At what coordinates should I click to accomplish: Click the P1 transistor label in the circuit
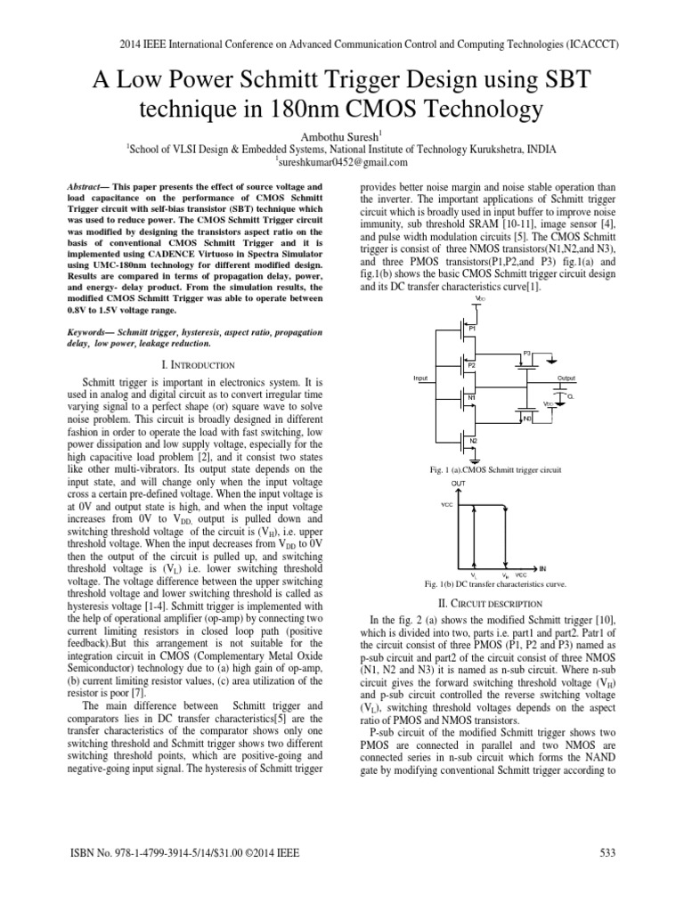pyautogui.click(x=473, y=329)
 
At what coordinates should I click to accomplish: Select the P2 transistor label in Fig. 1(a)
pyautogui.click(x=473, y=365)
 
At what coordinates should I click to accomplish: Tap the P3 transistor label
pyautogui.click(x=527, y=353)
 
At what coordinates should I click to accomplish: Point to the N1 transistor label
pyautogui.click(x=472, y=397)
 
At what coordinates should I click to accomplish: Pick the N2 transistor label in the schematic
pyautogui.click(x=473, y=441)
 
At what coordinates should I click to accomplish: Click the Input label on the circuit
pyautogui.click(x=421, y=378)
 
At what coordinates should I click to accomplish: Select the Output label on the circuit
pyautogui.click(x=566, y=378)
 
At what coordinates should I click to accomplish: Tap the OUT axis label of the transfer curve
pyautogui.click(x=459, y=482)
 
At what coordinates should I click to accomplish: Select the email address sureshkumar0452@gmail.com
pyautogui.click(x=341, y=163)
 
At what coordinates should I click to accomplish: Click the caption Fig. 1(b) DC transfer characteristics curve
pyautogui.click(x=497, y=583)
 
